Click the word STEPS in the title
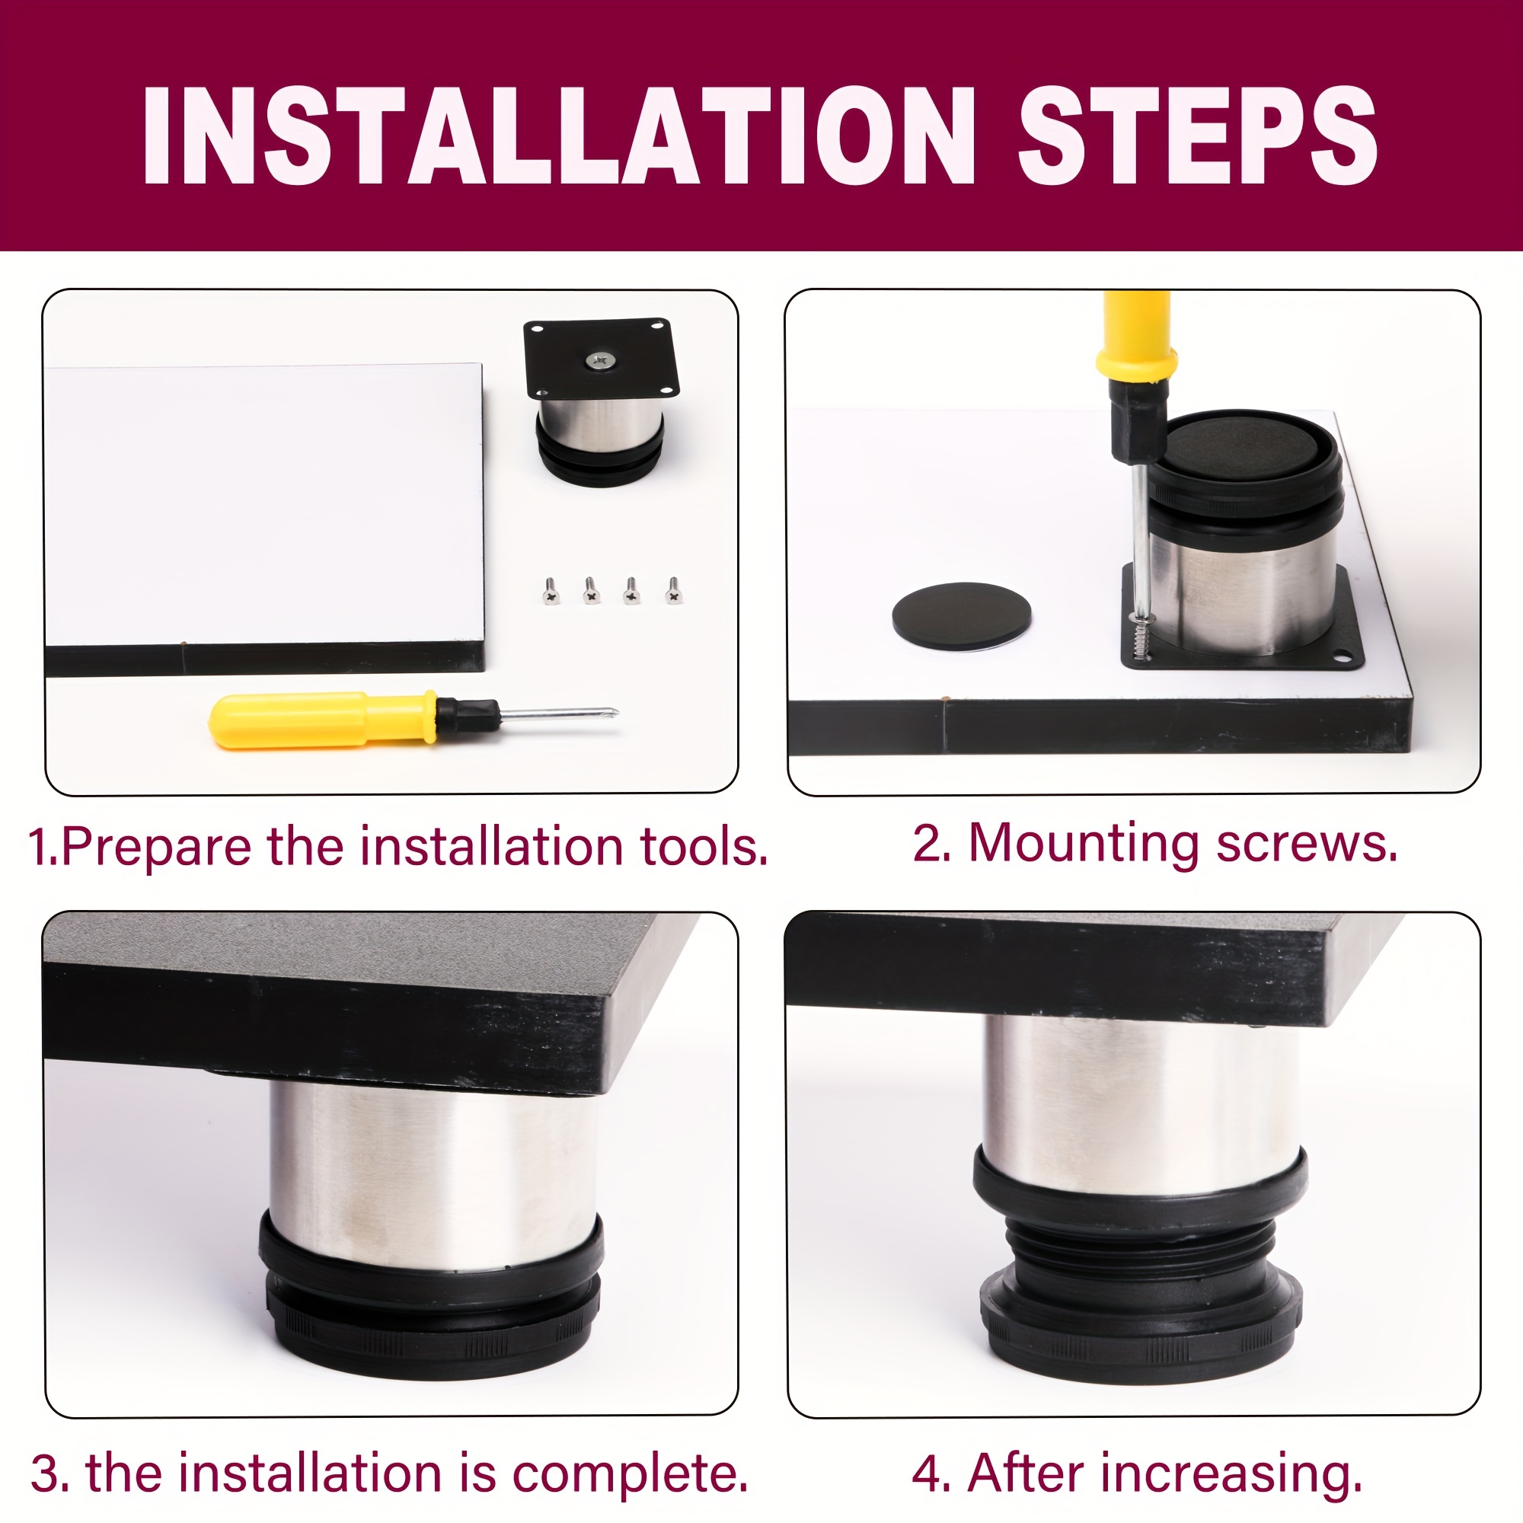point(1197,136)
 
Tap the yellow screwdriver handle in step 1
point(322,719)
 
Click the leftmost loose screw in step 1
point(551,589)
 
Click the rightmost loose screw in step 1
point(673,589)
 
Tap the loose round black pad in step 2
point(961,615)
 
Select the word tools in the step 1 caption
point(704,847)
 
